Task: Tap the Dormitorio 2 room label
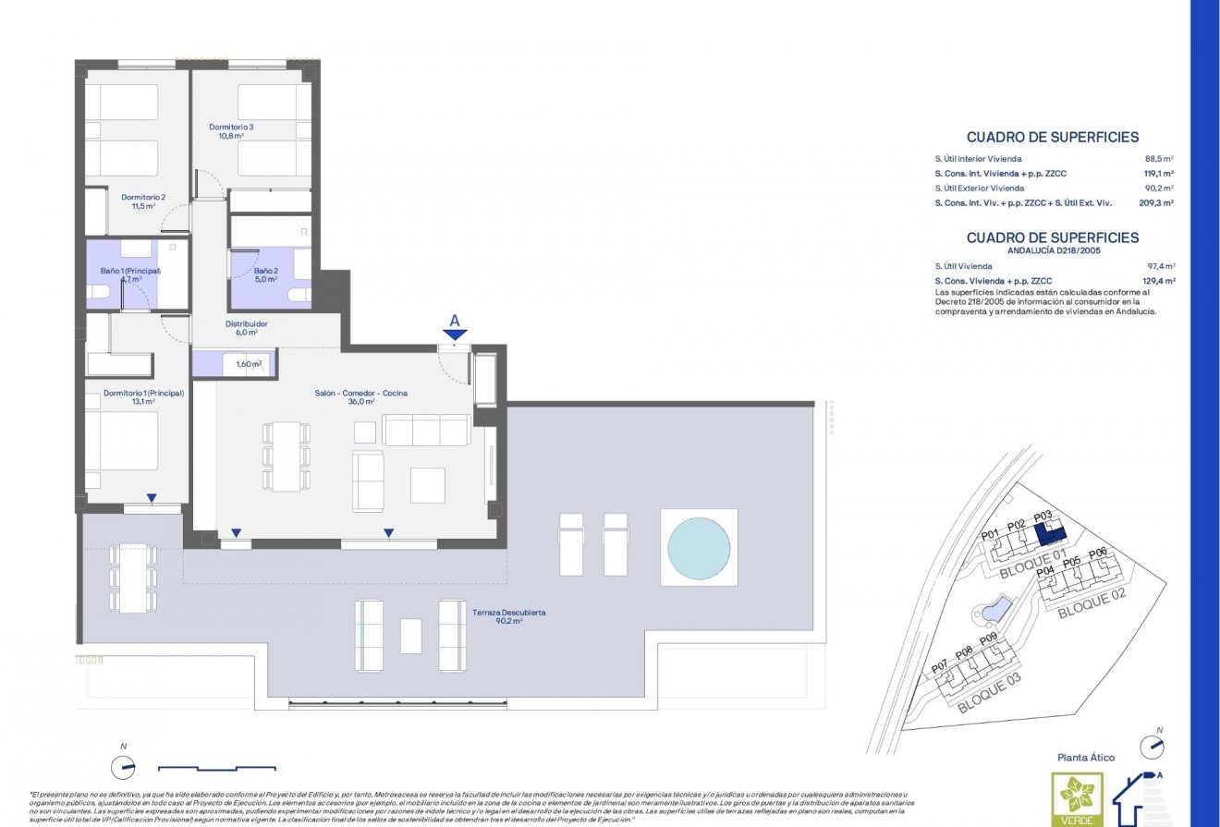pos(143,197)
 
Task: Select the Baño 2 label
pos(266,271)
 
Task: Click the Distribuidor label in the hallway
pos(247,324)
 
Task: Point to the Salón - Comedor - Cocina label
pos(360,393)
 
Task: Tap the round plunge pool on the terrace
pos(698,546)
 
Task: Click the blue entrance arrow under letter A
pos(454,335)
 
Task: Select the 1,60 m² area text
pos(249,364)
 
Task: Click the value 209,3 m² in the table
pos(1156,202)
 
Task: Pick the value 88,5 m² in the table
pos(1159,159)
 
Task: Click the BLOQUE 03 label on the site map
pos(989,698)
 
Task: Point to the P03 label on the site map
pos(1043,517)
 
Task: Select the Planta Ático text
pos(1086,758)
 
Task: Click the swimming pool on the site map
pos(994,609)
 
